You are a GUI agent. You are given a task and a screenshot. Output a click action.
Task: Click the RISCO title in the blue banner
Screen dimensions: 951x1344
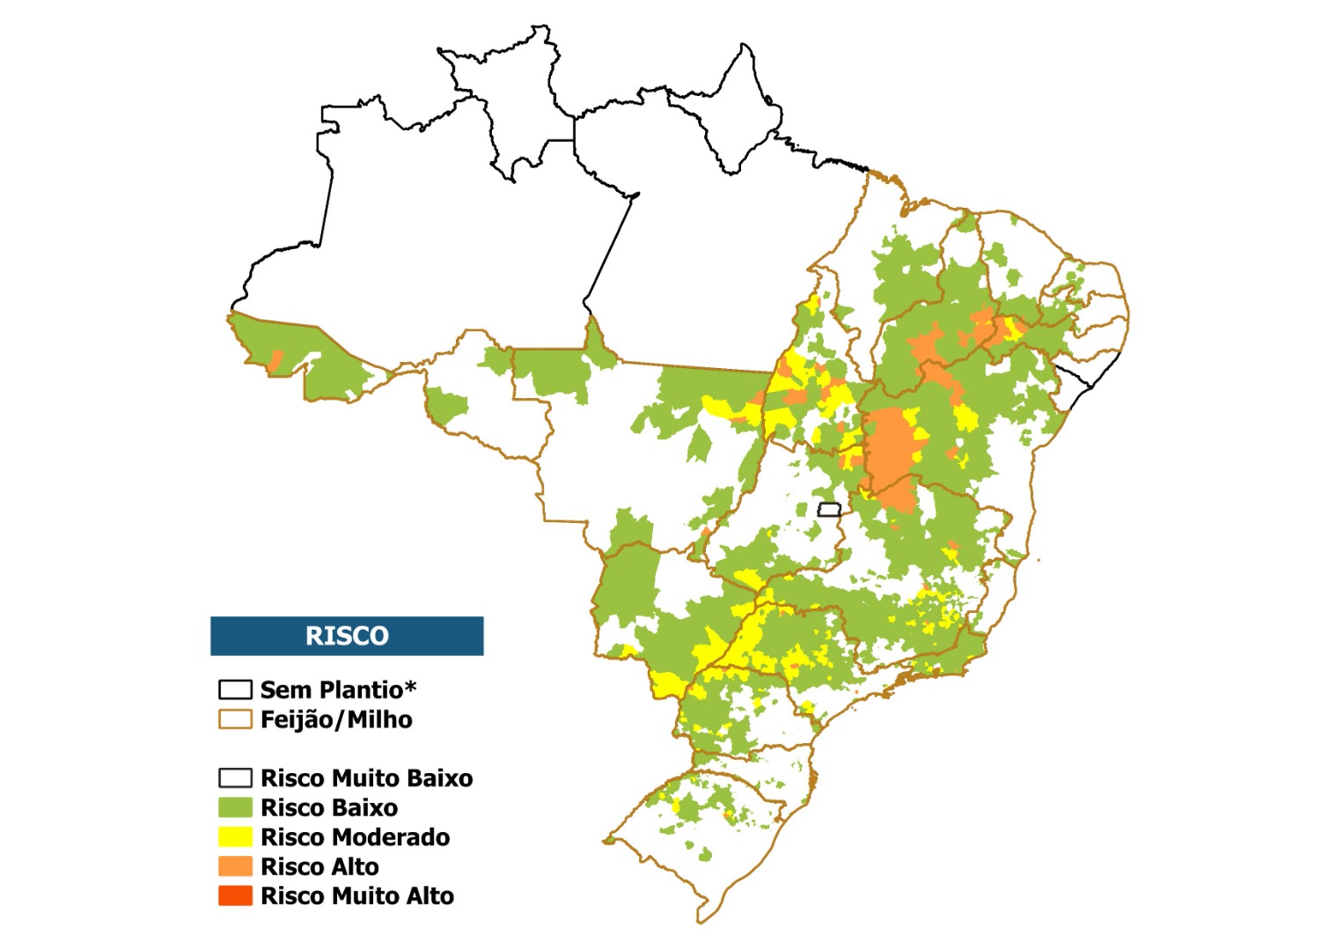pos(347,636)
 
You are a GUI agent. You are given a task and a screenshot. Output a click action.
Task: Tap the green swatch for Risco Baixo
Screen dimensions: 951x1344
pos(235,807)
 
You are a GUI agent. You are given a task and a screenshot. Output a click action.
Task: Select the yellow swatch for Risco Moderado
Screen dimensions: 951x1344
pos(235,837)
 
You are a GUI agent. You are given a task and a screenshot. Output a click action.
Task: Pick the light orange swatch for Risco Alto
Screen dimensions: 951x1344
pos(235,866)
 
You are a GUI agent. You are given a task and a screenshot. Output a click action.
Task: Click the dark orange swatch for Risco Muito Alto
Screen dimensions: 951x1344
pos(235,896)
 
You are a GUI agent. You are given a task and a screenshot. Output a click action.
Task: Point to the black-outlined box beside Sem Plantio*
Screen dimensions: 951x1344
pos(235,689)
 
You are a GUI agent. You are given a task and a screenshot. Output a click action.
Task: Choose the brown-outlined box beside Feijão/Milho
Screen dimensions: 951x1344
pos(235,719)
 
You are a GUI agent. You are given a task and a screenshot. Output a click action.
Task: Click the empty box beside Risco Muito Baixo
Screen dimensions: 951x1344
pos(235,778)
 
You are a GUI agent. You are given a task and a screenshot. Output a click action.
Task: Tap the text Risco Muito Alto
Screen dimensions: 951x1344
pos(357,896)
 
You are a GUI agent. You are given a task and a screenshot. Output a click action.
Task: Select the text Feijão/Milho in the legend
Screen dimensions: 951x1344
pos(336,719)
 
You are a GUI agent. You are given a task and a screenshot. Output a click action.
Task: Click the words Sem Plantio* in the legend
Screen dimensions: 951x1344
pos(338,689)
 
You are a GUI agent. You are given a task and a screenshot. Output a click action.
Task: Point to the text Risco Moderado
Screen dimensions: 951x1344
pos(355,837)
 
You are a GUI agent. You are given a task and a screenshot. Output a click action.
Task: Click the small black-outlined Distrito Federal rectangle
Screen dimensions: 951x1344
pos(829,509)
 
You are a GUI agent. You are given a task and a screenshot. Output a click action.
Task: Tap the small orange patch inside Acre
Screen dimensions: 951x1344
pos(275,360)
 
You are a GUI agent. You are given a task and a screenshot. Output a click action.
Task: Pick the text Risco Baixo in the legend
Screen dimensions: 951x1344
pos(329,807)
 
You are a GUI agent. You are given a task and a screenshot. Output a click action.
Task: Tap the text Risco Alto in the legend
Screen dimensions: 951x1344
pos(319,866)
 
